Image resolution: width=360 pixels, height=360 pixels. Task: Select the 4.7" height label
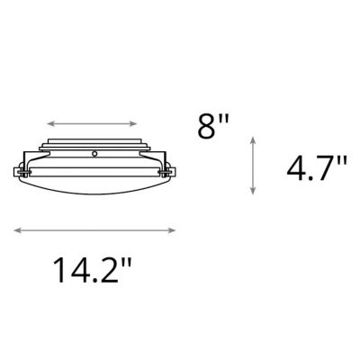(x=316, y=167)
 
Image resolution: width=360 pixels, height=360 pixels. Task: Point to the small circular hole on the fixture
(x=94, y=156)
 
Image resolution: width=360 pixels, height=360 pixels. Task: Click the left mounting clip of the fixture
(x=23, y=169)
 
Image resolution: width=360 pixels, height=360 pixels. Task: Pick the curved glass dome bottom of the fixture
(x=94, y=193)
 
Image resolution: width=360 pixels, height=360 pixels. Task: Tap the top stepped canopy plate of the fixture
(x=94, y=143)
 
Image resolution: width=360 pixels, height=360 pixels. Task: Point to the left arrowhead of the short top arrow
(x=49, y=121)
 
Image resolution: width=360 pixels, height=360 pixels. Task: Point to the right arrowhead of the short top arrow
(x=139, y=121)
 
